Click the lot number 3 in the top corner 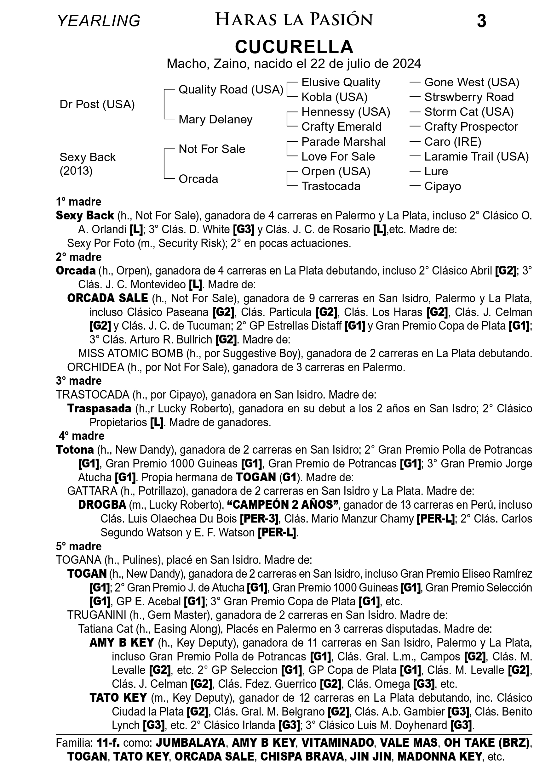pyautogui.click(x=481, y=21)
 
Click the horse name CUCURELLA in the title pyautogui.click(x=294, y=47)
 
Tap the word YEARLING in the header pyautogui.click(x=99, y=21)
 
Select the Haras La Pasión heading pyautogui.click(x=294, y=20)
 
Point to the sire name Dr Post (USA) pyautogui.click(x=97, y=105)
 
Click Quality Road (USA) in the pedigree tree pyautogui.click(x=231, y=89)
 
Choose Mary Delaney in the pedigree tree pyautogui.click(x=215, y=119)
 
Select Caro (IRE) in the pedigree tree pyautogui.click(x=453, y=142)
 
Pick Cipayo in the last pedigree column pyautogui.click(x=442, y=186)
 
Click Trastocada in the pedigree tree pyautogui.click(x=331, y=186)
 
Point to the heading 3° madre pyautogui.click(x=79, y=381)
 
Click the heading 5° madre pyautogui.click(x=79, y=546)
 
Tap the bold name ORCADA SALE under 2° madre pyautogui.click(x=107, y=298)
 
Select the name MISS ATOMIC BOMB pyautogui.click(x=130, y=354)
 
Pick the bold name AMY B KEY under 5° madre pyautogui.click(x=122, y=642)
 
